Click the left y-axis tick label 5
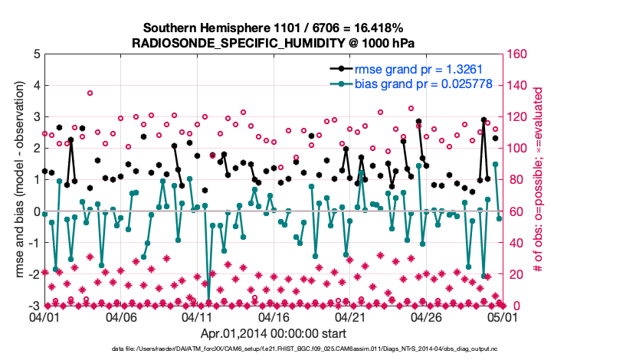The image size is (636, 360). (x=36, y=54)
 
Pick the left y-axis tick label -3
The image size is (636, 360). (x=34, y=306)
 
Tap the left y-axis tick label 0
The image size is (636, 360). (x=36, y=211)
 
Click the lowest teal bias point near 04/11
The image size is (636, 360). (x=208, y=299)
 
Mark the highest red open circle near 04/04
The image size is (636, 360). (x=90, y=93)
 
